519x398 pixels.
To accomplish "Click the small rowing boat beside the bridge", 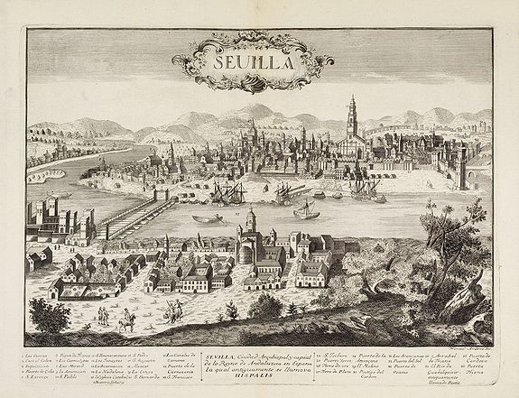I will click(207, 218).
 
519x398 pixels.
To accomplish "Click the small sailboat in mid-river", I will click(306, 209).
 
